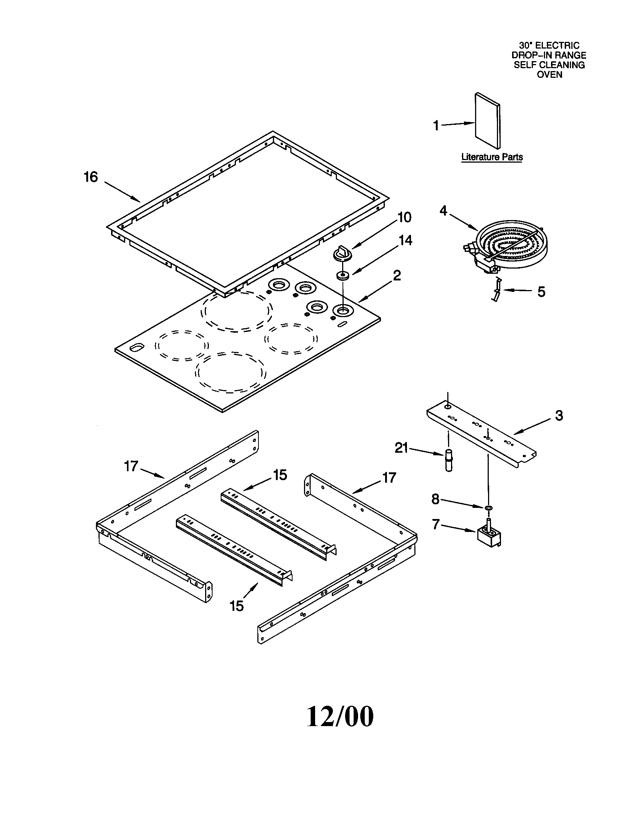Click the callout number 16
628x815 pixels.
pos(90,177)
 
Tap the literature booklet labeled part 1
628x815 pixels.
pos(487,121)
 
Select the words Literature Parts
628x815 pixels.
pos(491,157)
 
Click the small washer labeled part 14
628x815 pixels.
pos(342,276)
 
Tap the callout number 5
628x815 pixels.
pos(541,292)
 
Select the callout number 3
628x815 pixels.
pos(559,416)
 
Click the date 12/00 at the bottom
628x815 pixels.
pos(340,716)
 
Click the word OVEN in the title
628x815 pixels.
pos(549,74)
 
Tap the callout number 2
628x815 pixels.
pos(397,276)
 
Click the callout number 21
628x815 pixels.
pos(401,448)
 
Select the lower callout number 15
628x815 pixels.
pos(237,606)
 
